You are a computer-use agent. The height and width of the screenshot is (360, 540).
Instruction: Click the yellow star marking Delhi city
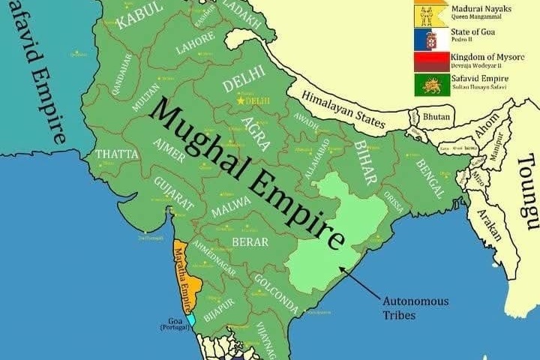[x=240, y=100]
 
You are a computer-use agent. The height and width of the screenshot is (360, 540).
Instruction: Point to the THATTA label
[x=117, y=154]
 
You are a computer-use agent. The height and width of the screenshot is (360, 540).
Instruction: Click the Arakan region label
[x=487, y=223]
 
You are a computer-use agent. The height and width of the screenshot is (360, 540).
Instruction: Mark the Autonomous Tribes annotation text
[x=415, y=307]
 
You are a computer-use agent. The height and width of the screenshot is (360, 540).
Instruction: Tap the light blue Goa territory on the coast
[x=192, y=319]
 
